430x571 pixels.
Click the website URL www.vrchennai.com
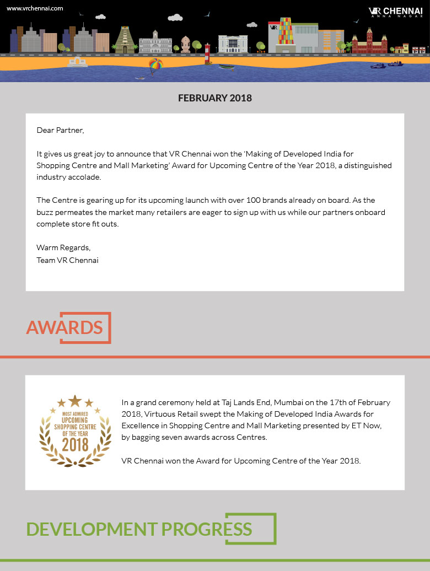pos(35,8)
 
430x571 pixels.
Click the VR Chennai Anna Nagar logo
pos(395,12)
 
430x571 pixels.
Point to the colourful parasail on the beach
pos(157,65)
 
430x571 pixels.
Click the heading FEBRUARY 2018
pos(215,98)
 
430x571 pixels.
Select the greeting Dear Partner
pos(60,131)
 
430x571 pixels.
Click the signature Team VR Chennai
pos(67,260)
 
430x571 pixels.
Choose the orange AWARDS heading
pos(64,328)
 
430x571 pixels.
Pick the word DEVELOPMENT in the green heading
pos(92,530)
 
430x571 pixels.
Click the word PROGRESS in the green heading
pos(207,530)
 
